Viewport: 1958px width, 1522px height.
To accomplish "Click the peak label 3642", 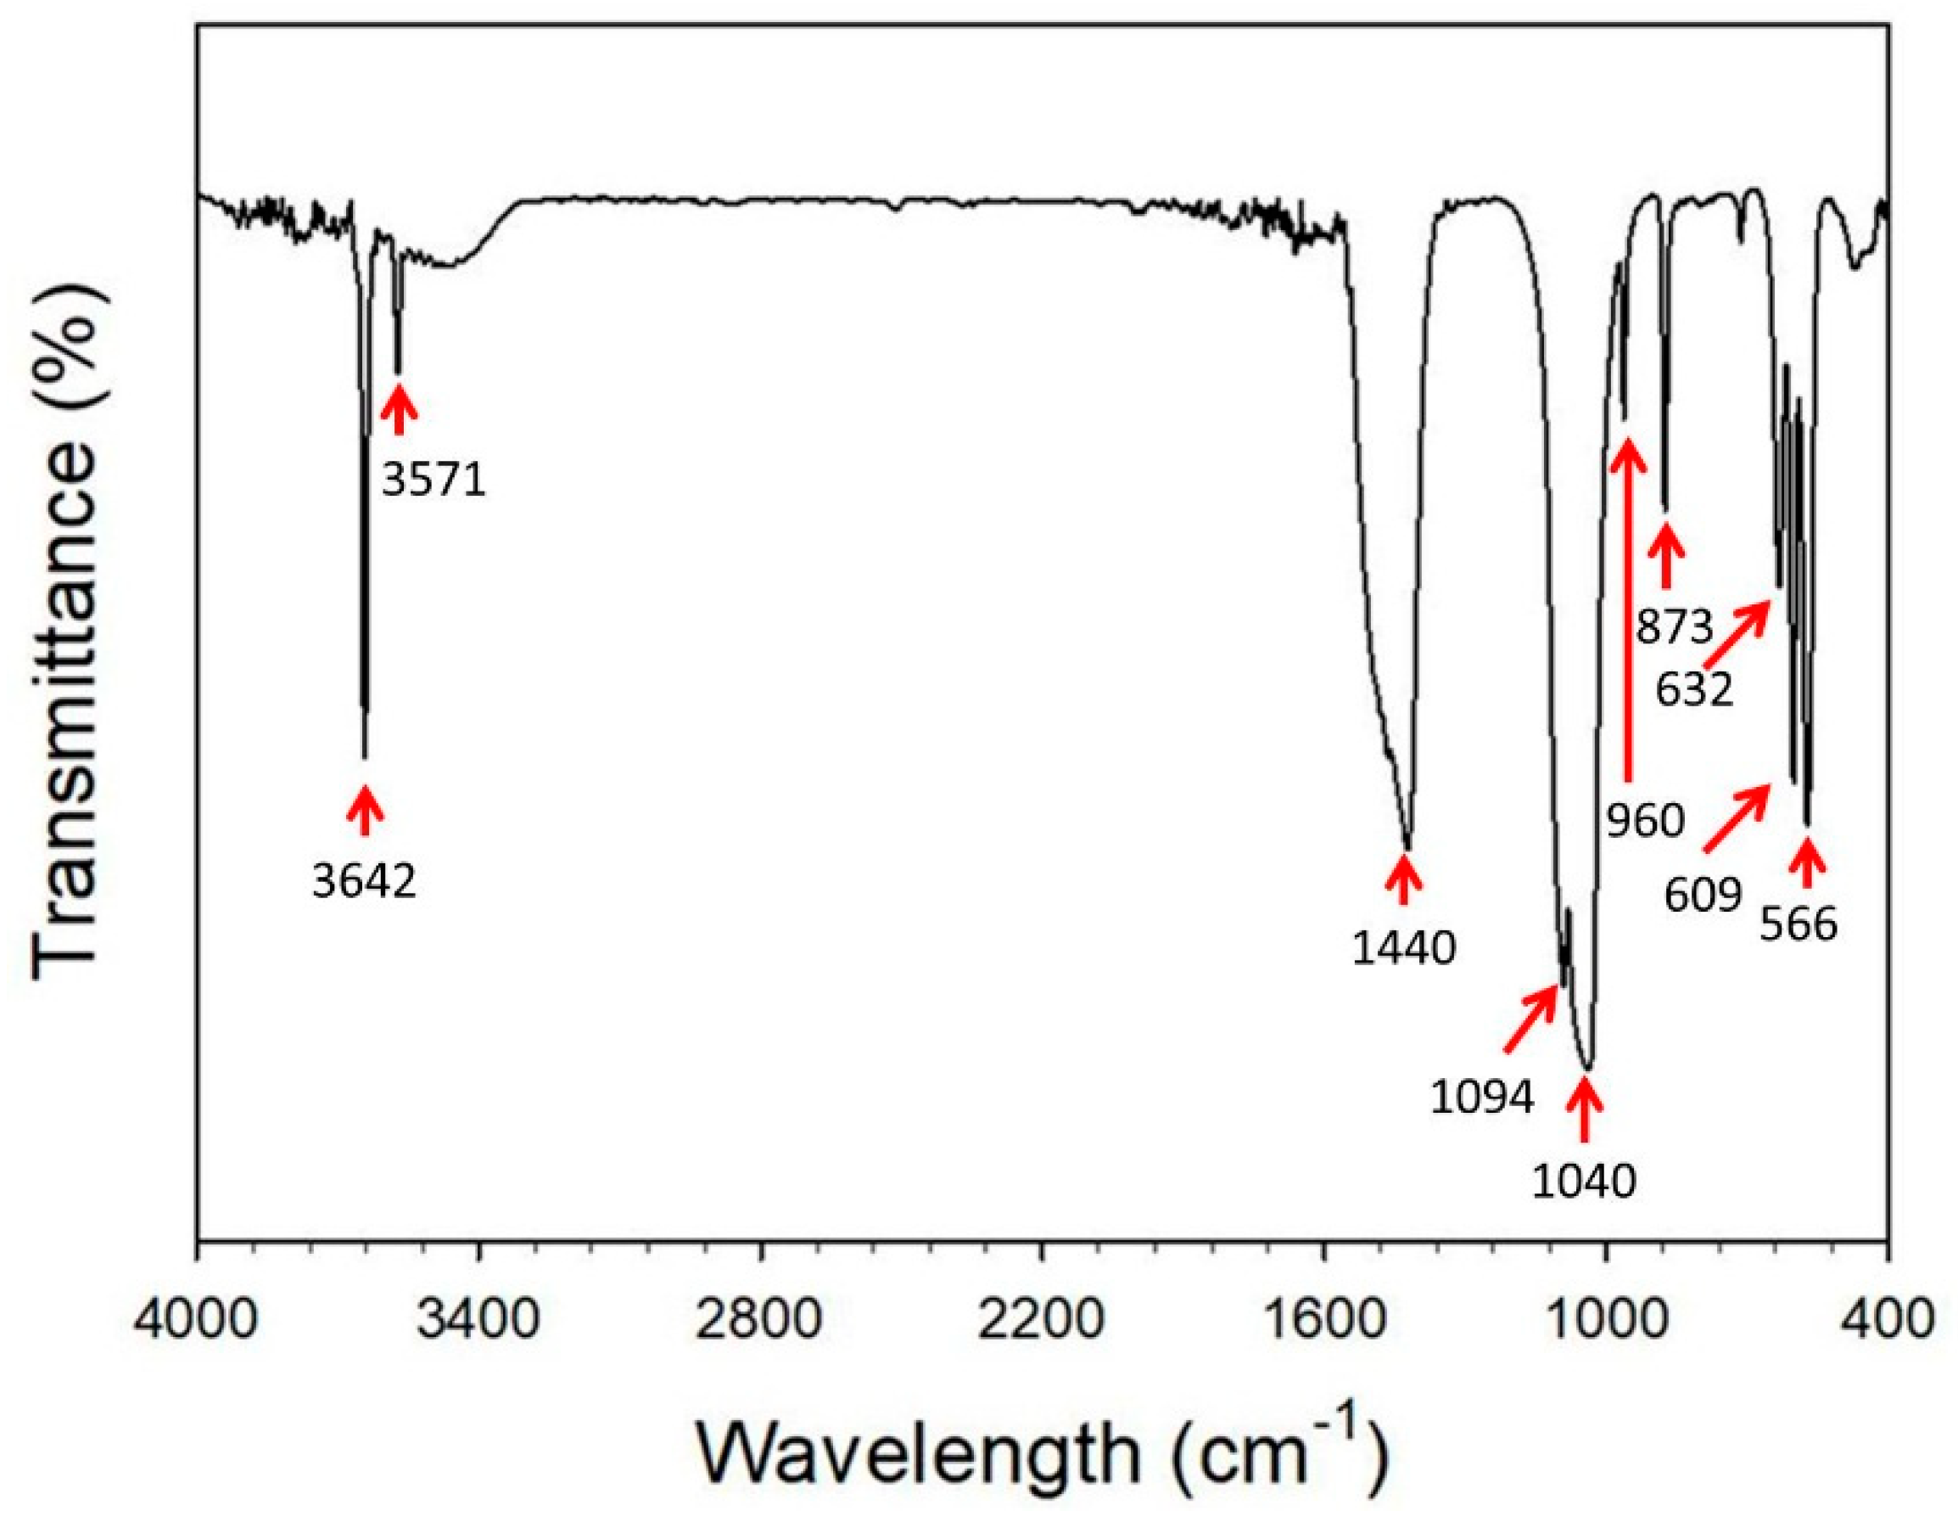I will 364,883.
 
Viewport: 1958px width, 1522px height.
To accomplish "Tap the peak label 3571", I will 434,480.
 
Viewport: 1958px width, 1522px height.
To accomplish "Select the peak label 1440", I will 1404,949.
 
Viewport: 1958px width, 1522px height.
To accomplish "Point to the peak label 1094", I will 1483,1096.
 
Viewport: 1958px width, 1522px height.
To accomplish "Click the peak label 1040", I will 1584,1182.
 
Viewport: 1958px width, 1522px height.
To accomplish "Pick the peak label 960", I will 1646,821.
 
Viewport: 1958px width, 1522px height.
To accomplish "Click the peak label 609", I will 1703,894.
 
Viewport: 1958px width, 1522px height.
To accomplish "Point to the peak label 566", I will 1799,924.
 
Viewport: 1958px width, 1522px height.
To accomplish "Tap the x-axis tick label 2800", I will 760,1322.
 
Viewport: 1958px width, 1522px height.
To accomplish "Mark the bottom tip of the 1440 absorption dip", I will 1409,849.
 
